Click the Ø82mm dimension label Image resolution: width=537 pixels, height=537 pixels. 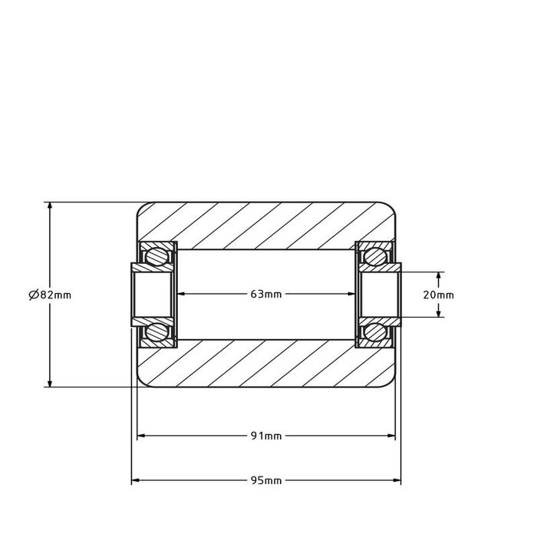pos(49,295)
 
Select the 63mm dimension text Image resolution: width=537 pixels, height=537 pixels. pos(266,295)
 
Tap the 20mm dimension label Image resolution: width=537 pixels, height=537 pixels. pos(439,295)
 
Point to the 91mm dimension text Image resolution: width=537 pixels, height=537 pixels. pos(266,437)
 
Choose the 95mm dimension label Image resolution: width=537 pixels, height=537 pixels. pos(266,481)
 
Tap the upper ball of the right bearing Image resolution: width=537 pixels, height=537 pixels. pos(376,257)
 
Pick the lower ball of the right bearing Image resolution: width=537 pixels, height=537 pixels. pos(376,332)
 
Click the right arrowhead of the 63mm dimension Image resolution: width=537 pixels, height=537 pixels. pos(351,295)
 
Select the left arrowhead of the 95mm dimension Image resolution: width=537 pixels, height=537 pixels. pos(137,481)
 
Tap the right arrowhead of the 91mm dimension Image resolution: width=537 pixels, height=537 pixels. pos(392,437)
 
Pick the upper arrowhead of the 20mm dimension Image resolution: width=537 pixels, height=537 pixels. pos(439,275)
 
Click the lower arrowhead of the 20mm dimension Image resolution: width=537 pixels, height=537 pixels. pos(439,313)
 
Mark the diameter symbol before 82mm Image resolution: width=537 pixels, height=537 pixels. pos(33,295)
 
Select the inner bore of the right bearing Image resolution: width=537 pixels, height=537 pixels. pos(381,295)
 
